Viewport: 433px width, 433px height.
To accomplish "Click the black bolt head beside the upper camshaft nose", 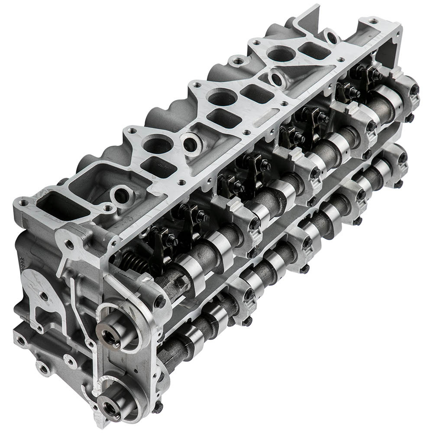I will coord(160,302).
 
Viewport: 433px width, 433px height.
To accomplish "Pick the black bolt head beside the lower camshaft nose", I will coord(158,407).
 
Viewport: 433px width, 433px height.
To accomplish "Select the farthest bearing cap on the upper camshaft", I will coord(405,93).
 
